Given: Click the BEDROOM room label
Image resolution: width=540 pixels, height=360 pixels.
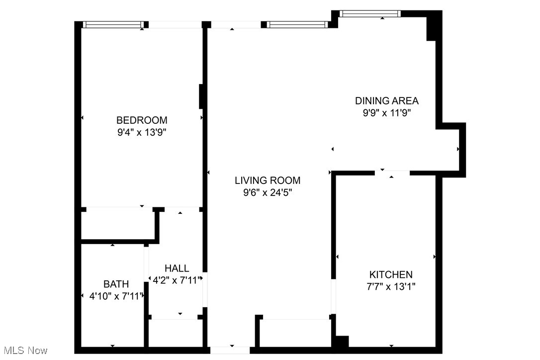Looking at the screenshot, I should pyautogui.click(x=142, y=120).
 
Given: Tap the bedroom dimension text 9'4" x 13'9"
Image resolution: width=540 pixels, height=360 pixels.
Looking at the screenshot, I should pyautogui.click(x=142, y=132).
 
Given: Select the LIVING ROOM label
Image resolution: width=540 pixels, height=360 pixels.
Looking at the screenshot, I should pyautogui.click(x=268, y=180).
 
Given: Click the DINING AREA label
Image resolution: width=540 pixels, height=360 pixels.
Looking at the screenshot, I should pyautogui.click(x=386, y=100).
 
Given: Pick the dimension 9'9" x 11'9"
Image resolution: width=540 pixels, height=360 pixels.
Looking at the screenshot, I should pyautogui.click(x=386, y=113).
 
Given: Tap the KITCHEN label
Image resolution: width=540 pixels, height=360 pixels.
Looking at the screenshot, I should pyautogui.click(x=390, y=274).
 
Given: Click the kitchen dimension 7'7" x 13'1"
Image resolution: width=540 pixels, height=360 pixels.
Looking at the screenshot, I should pyautogui.click(x=390, y=287).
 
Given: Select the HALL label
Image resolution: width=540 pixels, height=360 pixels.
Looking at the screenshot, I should pyautogui.click(x=177, y=269).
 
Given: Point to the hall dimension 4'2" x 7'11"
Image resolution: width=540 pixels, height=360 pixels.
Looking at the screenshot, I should pyautogui.click(x=177, y=280).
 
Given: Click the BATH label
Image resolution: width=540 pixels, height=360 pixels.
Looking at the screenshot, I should pyautogui.click(x=116, y=284).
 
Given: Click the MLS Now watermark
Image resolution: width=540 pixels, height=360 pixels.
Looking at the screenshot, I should pyautogui.click(x=24, y=351).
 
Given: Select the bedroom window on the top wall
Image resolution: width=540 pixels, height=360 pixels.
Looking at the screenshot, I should pyautogui.click(x=113, y=24).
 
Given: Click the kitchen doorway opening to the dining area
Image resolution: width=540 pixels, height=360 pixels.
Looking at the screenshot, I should pyautogui.click(x=392, y=173).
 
